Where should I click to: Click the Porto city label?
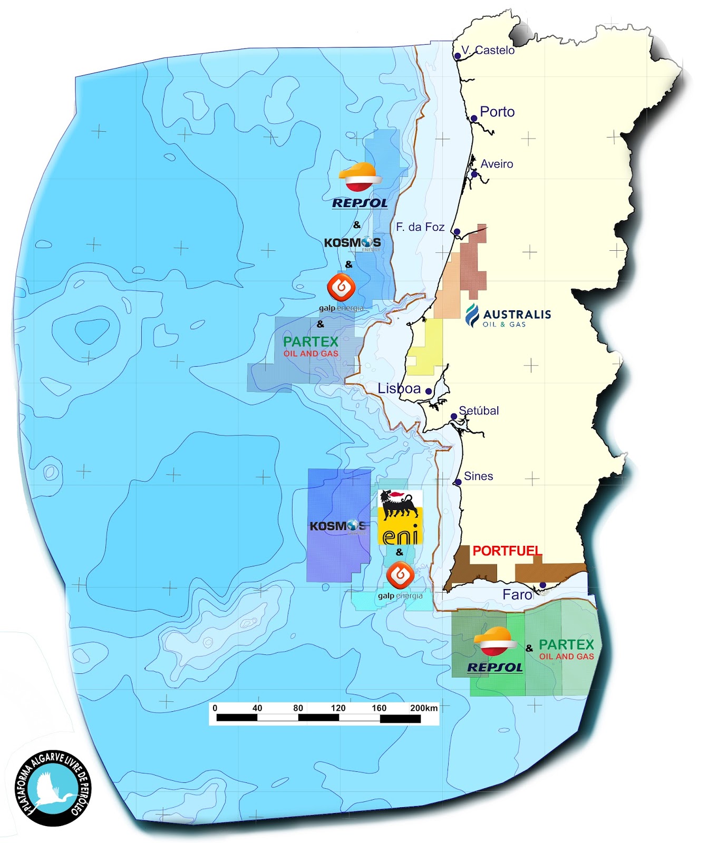pos(497,112)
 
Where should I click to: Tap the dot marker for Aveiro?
pos(474,174)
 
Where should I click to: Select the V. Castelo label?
pos(488,50)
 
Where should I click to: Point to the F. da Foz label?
pos(420,227)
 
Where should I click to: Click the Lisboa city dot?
pos(429,391)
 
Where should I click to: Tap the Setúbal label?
pos(479,410)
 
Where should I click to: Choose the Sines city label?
pos(478,476)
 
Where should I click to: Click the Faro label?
pos(517,595)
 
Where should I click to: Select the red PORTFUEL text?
pos(507,551)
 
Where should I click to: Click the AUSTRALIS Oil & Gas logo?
pos(509,316)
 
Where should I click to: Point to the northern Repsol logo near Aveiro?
pos(360,185)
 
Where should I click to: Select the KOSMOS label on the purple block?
pos(337,526)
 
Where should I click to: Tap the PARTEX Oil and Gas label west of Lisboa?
pos(311,346)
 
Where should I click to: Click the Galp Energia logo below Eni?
pos(400,580)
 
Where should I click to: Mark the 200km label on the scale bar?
pos(424,708)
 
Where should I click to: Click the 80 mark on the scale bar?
pos(298,708)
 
